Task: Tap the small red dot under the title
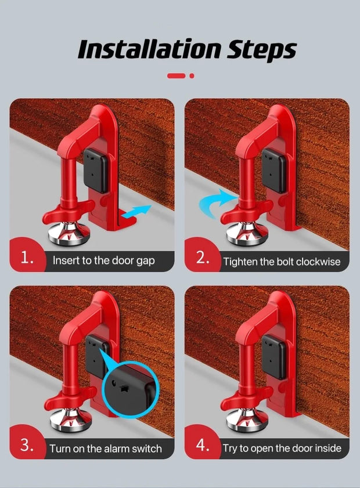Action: point(192,75)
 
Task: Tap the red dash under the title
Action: point(176,75)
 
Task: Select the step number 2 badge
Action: point(203,258)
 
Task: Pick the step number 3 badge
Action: point(27,446)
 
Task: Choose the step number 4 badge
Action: point(203,446)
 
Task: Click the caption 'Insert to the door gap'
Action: point(104,261)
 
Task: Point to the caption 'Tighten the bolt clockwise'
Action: point(282,262)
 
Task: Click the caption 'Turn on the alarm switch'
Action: point(105,449)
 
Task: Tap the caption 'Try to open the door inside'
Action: point(282,449)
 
